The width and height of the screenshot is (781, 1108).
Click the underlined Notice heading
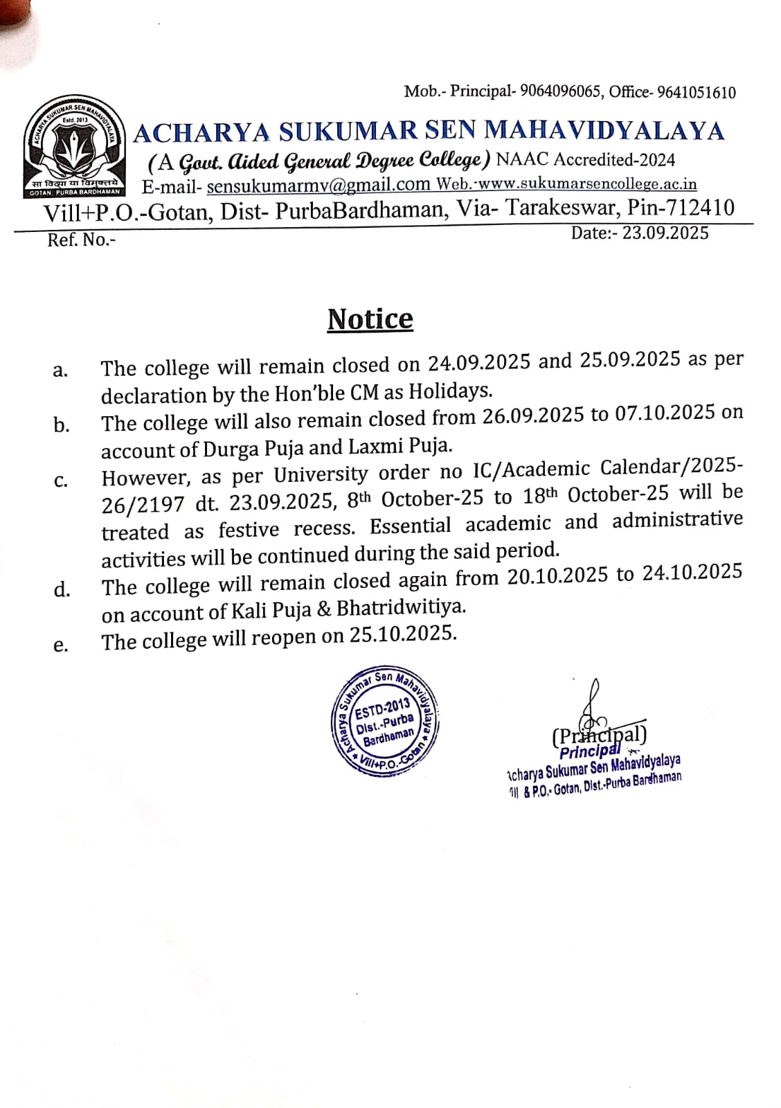pyautogui.click(x=370, y=319)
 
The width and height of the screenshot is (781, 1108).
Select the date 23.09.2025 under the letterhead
pyautogui.click(x=665, y=233)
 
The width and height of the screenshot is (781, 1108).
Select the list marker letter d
pyautogui.click(x=62, y=589)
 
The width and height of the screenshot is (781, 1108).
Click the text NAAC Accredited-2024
pyautogui.click(x=586, y=160)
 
